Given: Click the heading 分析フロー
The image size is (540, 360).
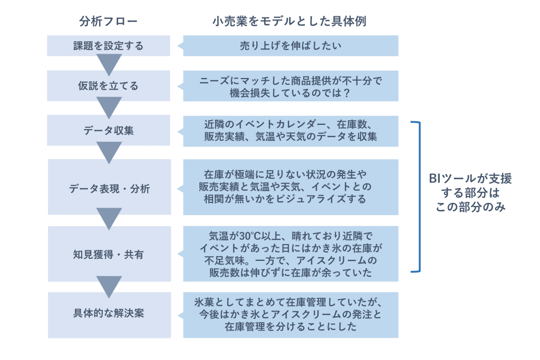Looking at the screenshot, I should [108, 22].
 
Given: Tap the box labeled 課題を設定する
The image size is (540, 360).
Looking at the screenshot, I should [108, 46].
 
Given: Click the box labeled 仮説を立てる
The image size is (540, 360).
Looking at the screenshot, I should [108, 85].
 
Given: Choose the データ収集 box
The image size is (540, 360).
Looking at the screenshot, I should [108, 130].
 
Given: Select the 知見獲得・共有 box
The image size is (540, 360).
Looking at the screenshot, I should [109, 255].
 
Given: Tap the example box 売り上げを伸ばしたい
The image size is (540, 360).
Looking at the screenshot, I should [291, 46].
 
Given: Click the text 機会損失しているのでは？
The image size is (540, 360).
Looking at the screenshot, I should [291, 92].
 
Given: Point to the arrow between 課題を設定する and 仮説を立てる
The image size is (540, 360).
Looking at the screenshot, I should [109, 64].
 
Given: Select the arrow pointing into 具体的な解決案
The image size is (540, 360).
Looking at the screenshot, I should [109, 286].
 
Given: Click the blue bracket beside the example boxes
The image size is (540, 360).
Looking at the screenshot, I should [418, 197].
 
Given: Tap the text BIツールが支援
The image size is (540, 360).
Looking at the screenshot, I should [470, 179].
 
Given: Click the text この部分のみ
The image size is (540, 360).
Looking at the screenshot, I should [470, 207].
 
